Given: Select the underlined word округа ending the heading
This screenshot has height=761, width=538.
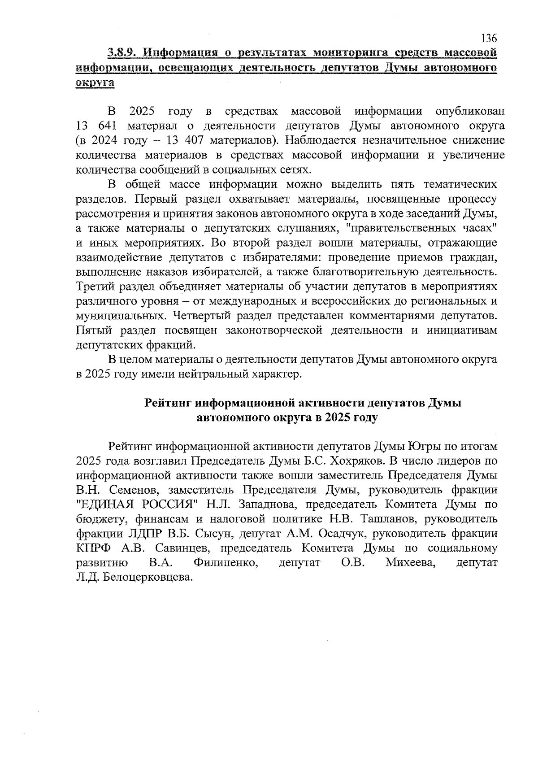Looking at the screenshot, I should click(95, 83).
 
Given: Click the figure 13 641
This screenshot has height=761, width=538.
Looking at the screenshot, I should click(95, 126).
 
